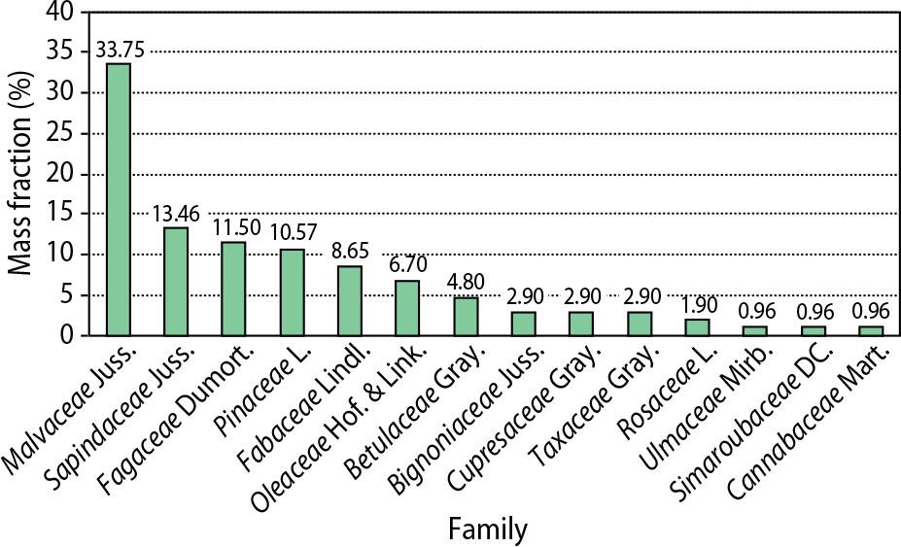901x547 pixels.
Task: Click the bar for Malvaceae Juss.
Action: pos(118,199)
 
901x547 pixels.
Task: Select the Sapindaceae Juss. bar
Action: pos(176,281)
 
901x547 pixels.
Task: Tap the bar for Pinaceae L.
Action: pos(292,292)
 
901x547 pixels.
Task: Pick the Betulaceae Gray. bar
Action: pos(466,316)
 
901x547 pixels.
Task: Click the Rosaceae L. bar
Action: pos(698,327)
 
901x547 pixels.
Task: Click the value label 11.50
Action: pos(234,230)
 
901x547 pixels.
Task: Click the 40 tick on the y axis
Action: pos(60,12)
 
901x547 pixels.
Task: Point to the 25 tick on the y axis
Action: pos(60,133)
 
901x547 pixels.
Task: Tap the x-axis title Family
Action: pos(488,530)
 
